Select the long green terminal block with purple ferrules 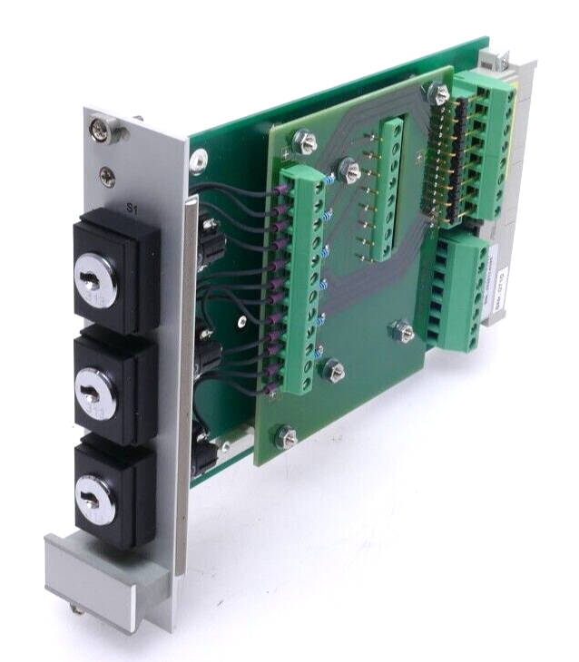(x=296, y=281)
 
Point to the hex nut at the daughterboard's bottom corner (x=287, y=437)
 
